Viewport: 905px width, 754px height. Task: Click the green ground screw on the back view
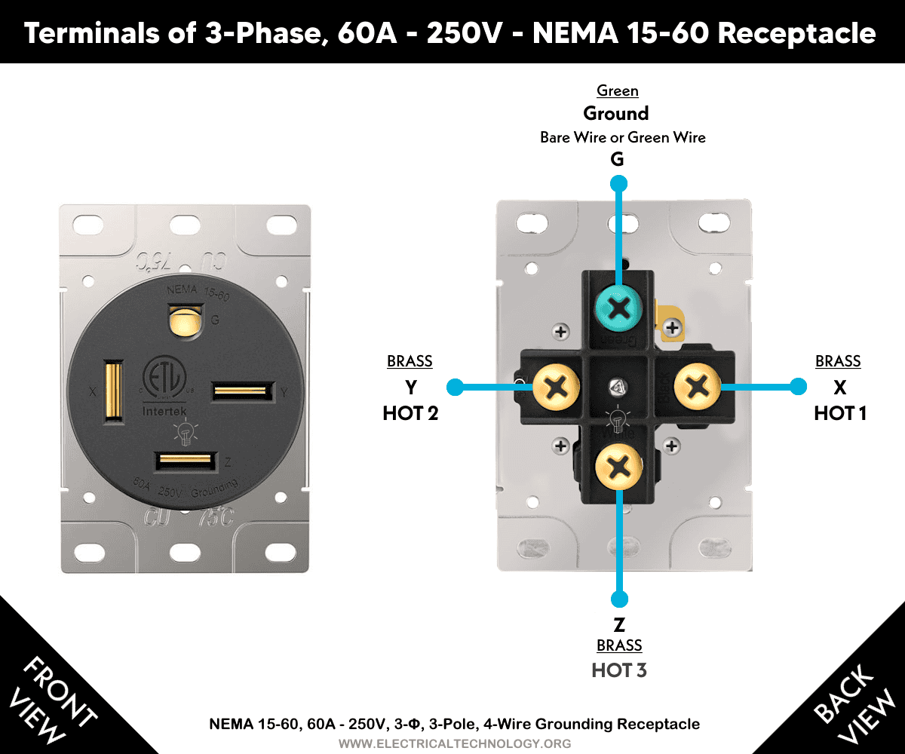(619, 308)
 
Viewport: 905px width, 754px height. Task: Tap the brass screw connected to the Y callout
(555, 388)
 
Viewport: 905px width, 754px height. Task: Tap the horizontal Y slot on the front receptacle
(242, 391)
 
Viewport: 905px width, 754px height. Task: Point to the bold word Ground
(616, 114)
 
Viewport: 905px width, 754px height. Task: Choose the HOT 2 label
(410, 413)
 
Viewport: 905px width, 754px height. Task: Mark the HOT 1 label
(839, 413)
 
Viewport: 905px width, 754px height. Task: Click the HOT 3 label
(619, 670)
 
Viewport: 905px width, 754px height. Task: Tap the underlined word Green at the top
(618, 91)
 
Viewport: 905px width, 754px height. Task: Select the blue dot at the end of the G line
(619, 183)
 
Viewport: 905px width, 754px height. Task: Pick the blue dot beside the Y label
(454, 388)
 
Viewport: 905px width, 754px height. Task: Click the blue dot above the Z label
(619, 599)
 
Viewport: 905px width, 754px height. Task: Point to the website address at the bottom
(454, 743)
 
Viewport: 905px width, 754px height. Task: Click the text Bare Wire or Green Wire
(623, 137)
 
